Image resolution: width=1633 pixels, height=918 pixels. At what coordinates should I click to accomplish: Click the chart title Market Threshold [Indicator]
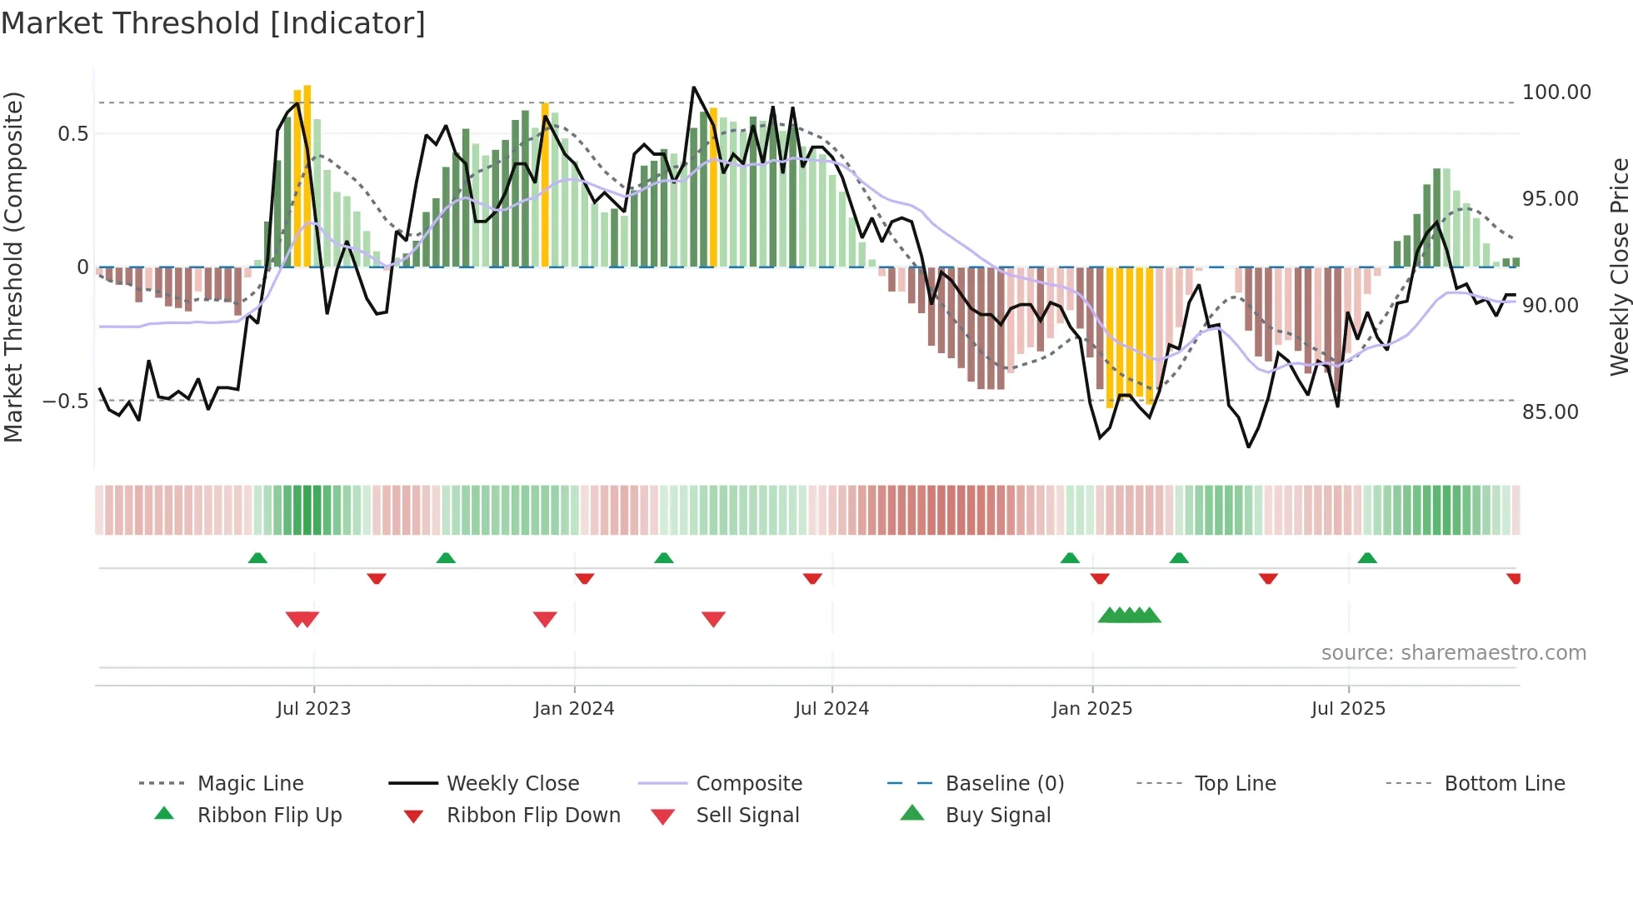pos(213,23)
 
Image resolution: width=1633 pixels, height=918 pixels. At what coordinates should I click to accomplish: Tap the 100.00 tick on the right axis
pos(1556,92)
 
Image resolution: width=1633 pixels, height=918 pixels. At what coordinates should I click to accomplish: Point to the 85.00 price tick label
pos(1550,412)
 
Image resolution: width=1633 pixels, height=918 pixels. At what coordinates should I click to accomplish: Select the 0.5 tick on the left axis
pos(72,134)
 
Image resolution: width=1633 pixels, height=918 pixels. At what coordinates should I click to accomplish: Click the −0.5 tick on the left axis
pos(66,402)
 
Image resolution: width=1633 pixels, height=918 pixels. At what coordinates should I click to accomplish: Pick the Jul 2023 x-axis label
pos(313,709)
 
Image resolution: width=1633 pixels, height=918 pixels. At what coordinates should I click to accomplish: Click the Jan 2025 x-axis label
pos(1091,709)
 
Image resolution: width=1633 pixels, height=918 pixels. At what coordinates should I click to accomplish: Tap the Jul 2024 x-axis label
pos(831,709)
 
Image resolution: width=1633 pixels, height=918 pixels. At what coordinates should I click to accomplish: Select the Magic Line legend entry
pos(250,784)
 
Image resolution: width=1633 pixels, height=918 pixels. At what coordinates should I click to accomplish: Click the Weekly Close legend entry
pos(512,784)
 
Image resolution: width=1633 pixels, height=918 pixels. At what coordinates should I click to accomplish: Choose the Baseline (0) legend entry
pos(1004,784)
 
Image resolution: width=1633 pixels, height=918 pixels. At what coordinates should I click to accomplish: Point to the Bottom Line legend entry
pos(1504,784)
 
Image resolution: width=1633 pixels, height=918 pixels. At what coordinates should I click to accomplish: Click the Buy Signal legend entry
pos(997,816)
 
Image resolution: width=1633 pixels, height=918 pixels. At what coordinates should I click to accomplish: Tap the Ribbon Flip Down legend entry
pos(533,816)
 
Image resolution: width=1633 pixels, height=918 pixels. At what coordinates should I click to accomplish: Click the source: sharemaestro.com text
pos(1453,653)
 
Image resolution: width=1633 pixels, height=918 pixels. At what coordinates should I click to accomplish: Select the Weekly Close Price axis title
pos(1619,267)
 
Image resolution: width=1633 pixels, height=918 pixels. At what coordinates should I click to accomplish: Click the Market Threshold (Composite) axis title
pos(13,267)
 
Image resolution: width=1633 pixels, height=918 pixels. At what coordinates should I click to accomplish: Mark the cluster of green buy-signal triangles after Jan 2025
pos(1129,616)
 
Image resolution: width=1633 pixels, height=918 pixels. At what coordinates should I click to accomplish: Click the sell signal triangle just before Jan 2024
pos(545,619)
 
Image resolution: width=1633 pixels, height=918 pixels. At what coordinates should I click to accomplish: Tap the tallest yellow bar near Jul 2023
pos(307,175)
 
